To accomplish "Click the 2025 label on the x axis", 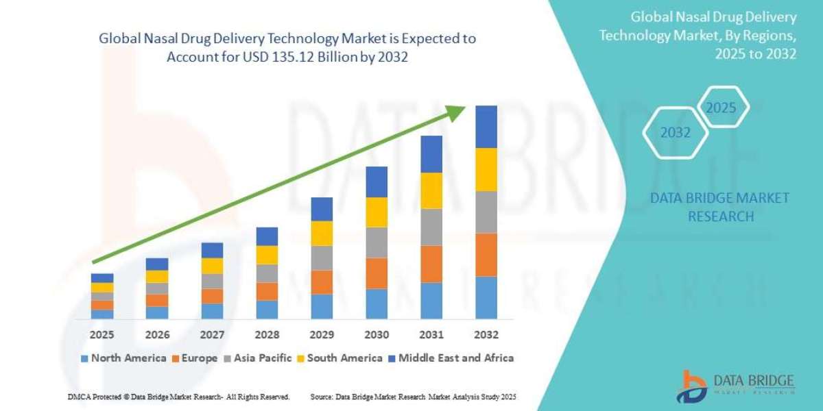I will [x=102, y=335].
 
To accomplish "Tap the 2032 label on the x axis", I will [x=486, y=335].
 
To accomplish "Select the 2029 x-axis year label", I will [x=322, y=335].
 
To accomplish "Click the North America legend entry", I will [x=123, y=358].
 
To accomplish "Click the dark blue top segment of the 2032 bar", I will [x=486, y=127].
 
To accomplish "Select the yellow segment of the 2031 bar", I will [x=431, y=190].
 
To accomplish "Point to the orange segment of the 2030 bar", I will [x=377, y=273].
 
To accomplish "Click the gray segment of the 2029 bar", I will [x=322, y=258].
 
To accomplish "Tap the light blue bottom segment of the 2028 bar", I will [x=267, y=309].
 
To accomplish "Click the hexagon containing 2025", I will [x=721, y=108].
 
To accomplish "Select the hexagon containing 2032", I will [x=676, y=132].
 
